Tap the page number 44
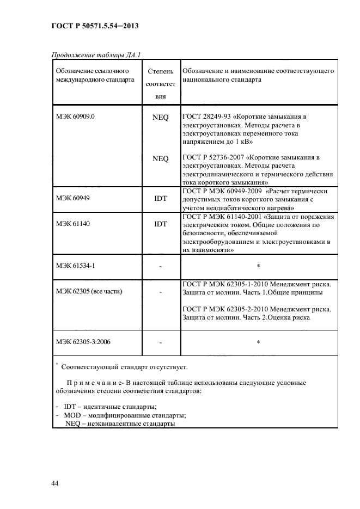[55, 483]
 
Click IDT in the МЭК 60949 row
[161, 199]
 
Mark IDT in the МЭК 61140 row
[161, 224]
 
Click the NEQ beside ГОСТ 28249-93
[161, 117]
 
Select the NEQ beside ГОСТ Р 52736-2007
[161, 158]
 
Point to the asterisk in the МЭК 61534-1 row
[258, 266]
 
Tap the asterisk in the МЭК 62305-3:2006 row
[258, 342]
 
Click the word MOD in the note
[72, 415]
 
